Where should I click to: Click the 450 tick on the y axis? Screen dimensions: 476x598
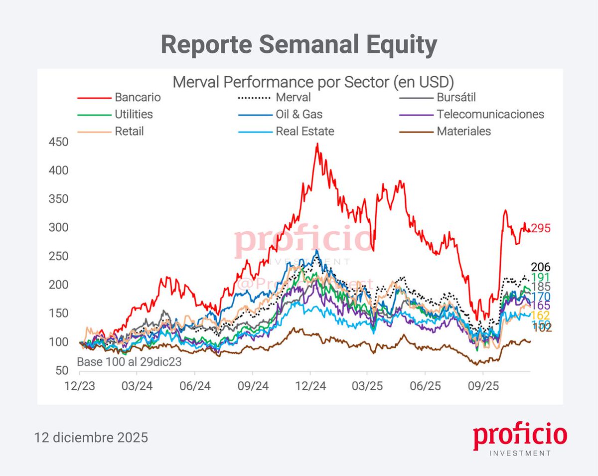point(59,143)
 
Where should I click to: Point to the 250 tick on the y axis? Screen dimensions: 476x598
point(59,257)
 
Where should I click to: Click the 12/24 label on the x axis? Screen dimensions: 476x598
point(310,386)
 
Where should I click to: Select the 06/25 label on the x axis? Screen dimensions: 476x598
point(425,386)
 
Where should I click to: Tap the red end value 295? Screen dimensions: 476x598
point(541,229)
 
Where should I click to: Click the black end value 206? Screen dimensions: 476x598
point(541,268)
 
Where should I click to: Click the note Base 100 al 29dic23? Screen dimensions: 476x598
point(129,362)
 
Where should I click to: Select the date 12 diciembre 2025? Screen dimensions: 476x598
point(91,438)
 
